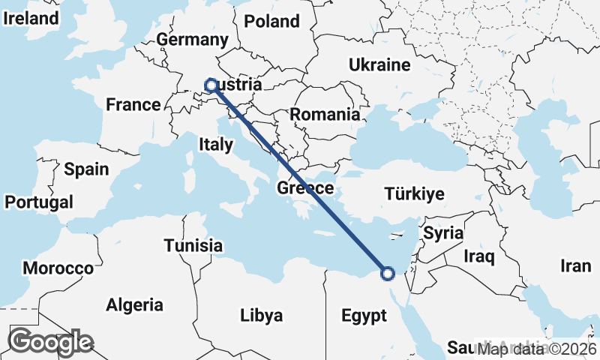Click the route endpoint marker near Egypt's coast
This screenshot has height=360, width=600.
click(x=387, y=274)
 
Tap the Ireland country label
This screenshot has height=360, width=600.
click(x=31, y=19)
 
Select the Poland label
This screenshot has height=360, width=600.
click(x=271, y=21)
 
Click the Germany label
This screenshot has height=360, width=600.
click(x=192, y=40)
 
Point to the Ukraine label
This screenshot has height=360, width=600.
click(x=379, y=64)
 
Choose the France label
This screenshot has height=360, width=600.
click(x=133, y=104)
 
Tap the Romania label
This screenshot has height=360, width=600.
click(x=325, y=115)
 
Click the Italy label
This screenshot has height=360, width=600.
click(x=215, y=143)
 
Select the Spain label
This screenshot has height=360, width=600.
click(x=86, y=169)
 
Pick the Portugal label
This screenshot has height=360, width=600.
click(x=39, y=202)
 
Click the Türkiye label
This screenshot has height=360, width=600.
click(x=414, y=194)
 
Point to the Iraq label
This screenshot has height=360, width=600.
click(x=479, y=257)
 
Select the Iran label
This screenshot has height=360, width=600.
click(x=576, y=265)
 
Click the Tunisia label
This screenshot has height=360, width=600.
click(x=193, y=245)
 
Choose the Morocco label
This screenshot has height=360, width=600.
click(x=58, y=268)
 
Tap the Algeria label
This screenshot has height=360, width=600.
click(x=135, y=305)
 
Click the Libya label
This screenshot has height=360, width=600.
click(x=262, y=315)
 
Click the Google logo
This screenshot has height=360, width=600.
click(x=50, y=341)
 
